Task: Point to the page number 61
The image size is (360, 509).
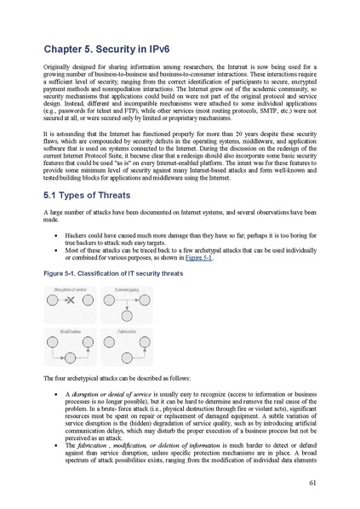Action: [x=312, y=481]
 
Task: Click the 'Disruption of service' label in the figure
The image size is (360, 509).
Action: [x=70, y=291]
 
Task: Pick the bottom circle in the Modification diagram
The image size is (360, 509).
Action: [x=71, y=357]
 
